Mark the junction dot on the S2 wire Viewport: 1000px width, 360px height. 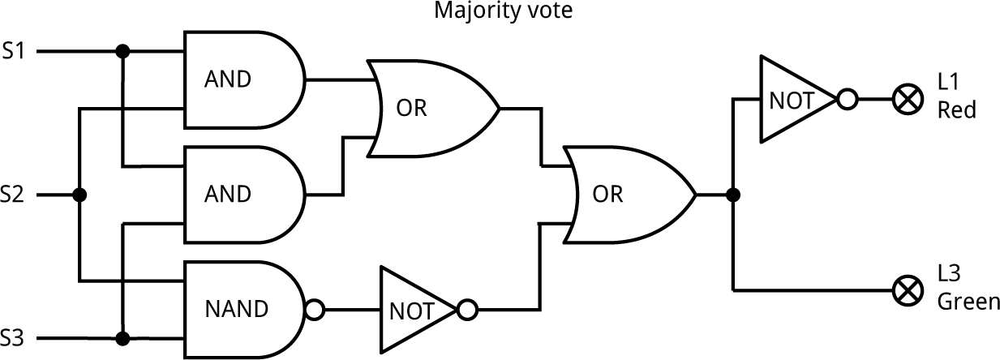point(79,195)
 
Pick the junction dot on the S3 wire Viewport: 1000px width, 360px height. point(122,337)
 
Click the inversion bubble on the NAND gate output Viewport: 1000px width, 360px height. point(315,309)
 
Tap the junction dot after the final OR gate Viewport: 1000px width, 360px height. point(734,195)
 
